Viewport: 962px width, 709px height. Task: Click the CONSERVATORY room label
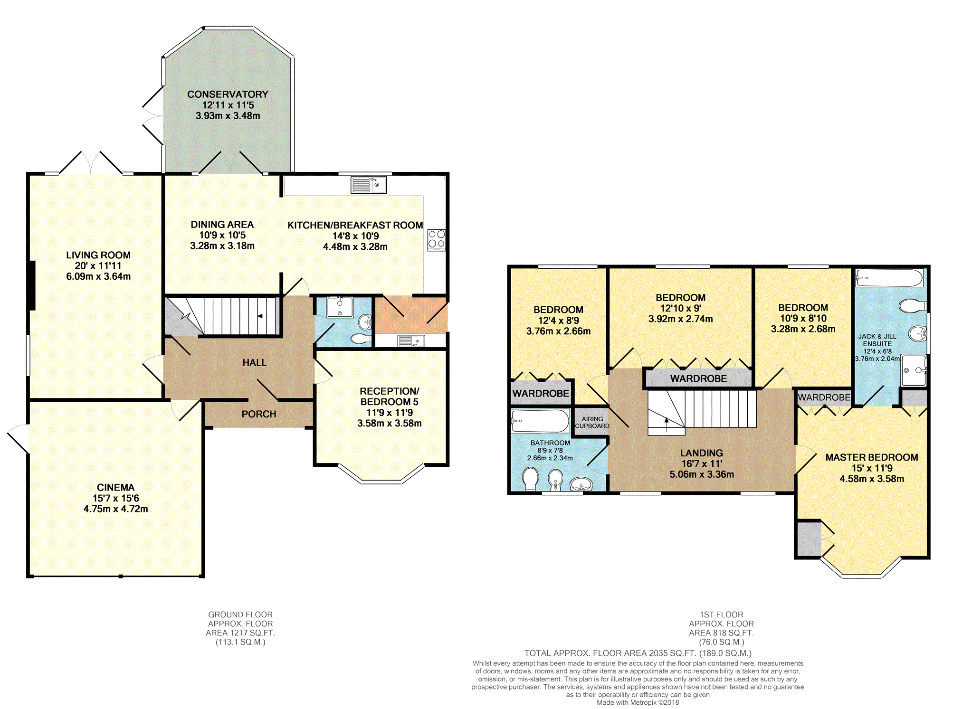[x=228, y=95]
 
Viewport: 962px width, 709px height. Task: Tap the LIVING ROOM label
[x=98, y=255]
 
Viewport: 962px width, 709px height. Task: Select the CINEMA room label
[x=115, y=487]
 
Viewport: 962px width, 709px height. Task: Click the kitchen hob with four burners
[x=437, y=240]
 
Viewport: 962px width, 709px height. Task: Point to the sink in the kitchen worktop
[x=369, y=185]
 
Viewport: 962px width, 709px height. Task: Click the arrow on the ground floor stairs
[x=265, y=316]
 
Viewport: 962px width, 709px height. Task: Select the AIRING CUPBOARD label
[x=592, y=422]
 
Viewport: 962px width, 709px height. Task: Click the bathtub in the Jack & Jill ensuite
[x=889, y=278]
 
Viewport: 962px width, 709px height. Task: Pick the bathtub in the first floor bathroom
[x=540, y=421]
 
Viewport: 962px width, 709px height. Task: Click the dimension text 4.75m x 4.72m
[x=115, y=509]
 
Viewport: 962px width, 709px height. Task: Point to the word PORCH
[x=259, y=414]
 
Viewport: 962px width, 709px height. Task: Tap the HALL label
[x=255, y=362]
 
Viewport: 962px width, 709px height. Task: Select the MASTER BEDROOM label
[x=872, y=457]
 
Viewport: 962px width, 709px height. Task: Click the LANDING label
[x=702, y=453]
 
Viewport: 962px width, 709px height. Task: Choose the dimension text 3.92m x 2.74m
[x=681, y=319]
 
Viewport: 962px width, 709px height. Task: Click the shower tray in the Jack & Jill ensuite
[x=914, y=370]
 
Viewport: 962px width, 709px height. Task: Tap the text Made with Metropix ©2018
[x=638, y=702]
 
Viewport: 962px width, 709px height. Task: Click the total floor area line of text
[x=638, y=653]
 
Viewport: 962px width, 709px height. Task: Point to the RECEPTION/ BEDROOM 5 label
[x=390, y=397]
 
